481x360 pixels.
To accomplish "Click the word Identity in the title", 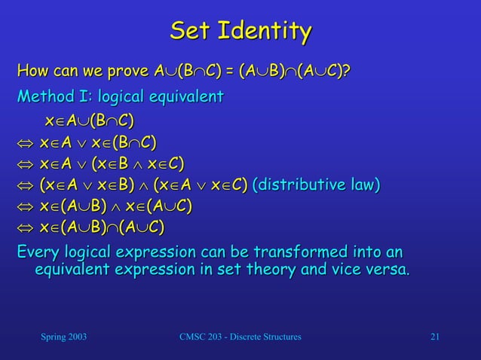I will click(263, 32).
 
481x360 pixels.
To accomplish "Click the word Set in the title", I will click(191, 32).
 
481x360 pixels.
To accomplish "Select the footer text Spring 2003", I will click(63, 336).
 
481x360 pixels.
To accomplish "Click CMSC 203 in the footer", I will click(204, 336).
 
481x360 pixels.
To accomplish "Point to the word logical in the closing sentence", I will click(94, 251).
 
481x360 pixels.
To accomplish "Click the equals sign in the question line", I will click(228, 72).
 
